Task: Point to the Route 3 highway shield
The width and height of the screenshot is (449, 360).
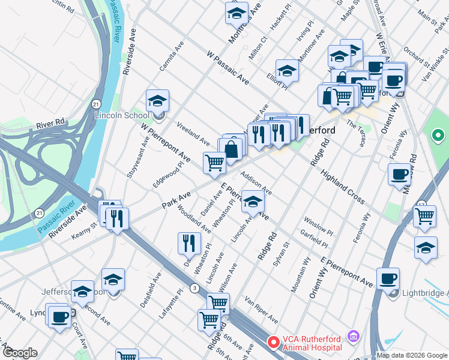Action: [194, 288]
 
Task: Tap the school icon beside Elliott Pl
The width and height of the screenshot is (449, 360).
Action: [287, 71]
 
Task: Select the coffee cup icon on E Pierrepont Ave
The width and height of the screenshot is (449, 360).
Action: [388, 278]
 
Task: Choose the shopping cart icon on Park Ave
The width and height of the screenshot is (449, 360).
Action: [214, 163]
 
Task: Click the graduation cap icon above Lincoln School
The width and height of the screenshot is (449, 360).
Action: [158, 100]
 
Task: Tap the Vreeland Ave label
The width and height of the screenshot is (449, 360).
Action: [193, 133]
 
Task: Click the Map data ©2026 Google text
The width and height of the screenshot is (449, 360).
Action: [412, 355]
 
